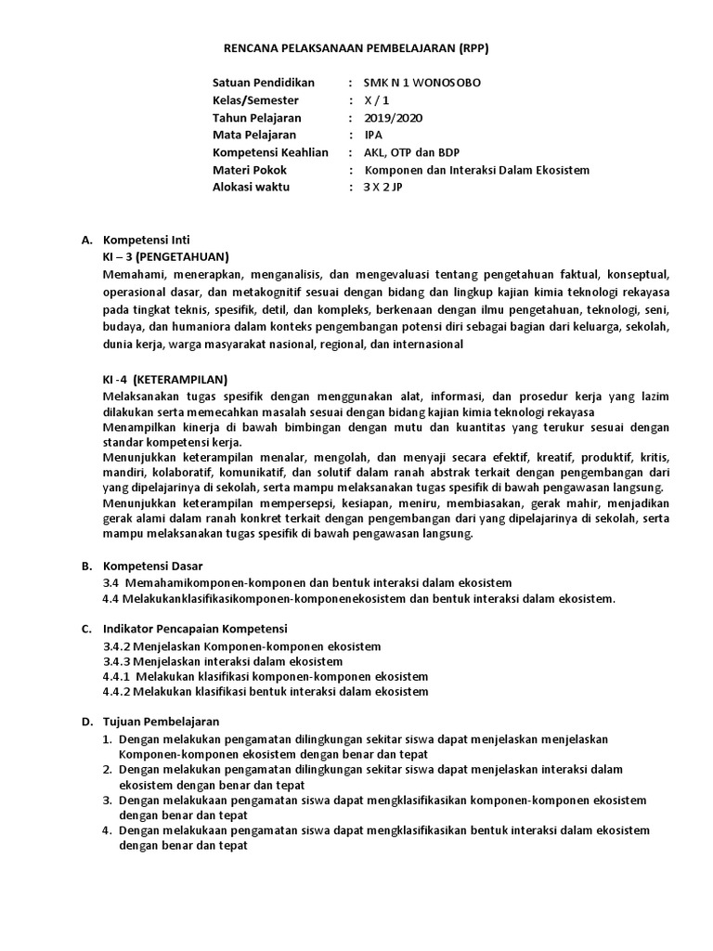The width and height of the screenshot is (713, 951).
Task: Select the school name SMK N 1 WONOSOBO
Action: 421,82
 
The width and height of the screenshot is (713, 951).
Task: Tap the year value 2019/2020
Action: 393,117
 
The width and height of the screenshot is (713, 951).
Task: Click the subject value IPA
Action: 373,135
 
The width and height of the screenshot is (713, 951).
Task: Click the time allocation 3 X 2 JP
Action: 383,188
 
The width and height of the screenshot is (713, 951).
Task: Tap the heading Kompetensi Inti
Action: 146,240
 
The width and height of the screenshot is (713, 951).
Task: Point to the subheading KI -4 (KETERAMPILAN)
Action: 164,379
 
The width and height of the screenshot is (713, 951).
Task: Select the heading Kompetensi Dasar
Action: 151,566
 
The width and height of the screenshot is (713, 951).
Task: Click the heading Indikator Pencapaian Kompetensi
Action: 195,628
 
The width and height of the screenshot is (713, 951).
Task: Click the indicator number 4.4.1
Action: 117,676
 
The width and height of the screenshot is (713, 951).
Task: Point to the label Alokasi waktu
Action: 252,188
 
